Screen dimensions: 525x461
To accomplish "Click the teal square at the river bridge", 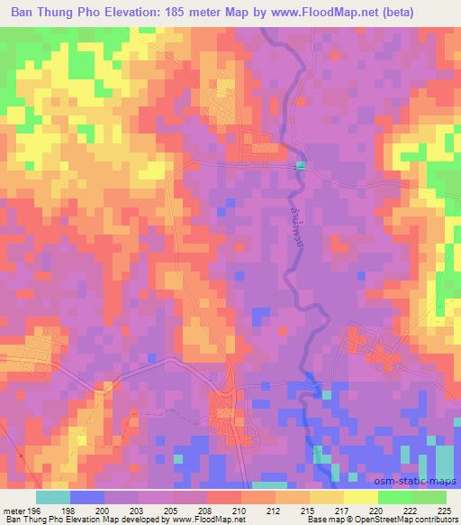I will (301, 165).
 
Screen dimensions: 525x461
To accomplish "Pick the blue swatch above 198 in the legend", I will (87, 496).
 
